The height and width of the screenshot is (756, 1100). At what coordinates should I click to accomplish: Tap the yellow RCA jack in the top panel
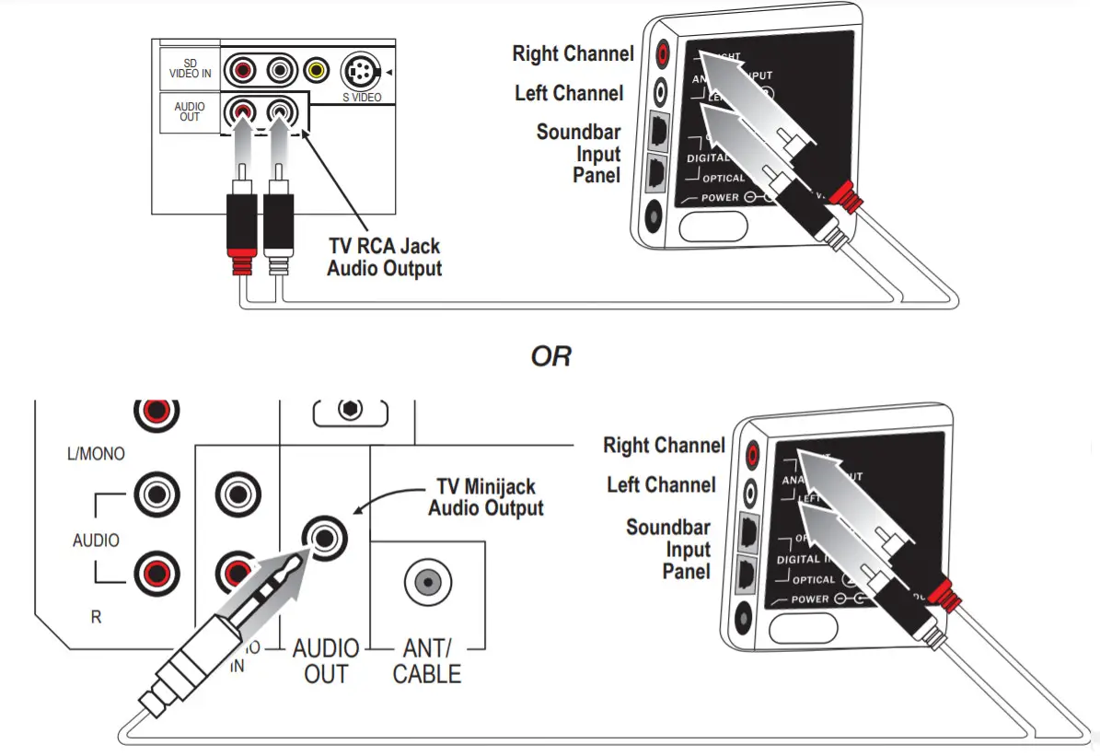[317, 69]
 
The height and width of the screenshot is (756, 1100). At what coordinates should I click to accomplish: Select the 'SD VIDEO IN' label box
[190, 68]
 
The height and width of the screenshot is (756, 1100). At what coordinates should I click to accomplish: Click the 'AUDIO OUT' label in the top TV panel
[190, 111]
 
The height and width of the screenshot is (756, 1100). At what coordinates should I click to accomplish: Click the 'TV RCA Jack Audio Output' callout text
[384, 258]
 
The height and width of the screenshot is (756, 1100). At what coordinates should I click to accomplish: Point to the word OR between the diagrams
[550, 356]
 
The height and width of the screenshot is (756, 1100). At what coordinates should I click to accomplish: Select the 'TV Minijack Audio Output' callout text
[485, 497]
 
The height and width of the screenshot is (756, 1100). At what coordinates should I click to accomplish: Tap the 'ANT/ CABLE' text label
[426, 661]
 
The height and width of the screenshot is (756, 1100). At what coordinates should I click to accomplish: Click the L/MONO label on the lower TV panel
[97, 454]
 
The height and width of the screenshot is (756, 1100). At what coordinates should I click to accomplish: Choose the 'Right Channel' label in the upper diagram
[573, 53]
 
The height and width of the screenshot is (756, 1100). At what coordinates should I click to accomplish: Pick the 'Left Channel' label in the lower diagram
[660, 484]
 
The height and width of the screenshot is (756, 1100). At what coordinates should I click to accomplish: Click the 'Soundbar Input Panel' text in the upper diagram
[580, 153]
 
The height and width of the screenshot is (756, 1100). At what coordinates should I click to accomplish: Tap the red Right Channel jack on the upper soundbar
[662, 55]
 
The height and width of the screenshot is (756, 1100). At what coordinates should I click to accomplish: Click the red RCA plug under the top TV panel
[241, 230]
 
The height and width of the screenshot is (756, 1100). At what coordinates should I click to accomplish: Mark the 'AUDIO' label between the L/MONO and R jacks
[96, 540]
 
